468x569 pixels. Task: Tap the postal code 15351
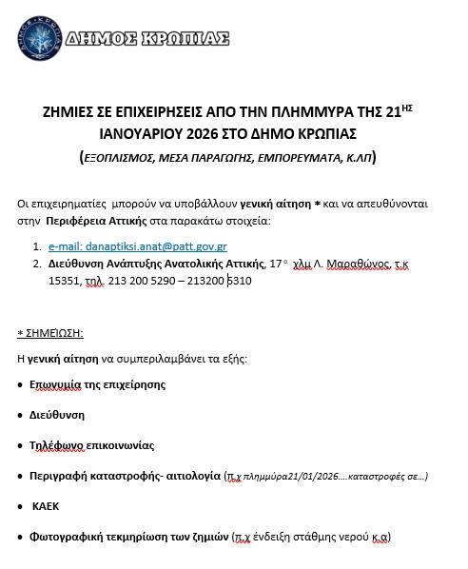coord(66,282)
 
